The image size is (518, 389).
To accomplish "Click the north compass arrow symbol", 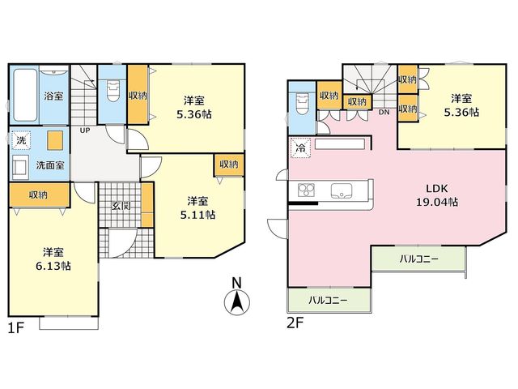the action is (x=237, y=301).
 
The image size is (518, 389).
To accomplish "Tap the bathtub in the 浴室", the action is (x=25, y=96).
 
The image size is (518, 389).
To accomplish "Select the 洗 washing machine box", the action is (x=22, y=140).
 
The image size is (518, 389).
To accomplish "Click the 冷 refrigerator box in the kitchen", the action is (x=300, y=148).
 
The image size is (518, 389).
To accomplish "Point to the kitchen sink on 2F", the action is (x=342, y=191).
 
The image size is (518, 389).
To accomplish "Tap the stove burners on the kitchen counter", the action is (x=306, y=190).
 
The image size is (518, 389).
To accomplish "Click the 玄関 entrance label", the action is (x=121, y=206).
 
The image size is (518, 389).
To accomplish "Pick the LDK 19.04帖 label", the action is (x=437, y=195).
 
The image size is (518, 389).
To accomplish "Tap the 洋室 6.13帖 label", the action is (x=53, y=259).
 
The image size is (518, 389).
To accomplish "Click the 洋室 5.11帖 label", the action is (x=197, y=208).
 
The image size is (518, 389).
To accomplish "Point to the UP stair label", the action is (x=85, y=130).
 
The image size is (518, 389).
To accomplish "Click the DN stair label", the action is (x=384, y=113).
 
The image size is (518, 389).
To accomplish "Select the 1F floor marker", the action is (x=16, y=327).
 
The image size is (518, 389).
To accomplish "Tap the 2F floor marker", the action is (x=295, y=323).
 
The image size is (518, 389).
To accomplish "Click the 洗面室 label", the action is (x=50, y=165).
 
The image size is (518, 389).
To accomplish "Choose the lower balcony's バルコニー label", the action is (x=328, y=301).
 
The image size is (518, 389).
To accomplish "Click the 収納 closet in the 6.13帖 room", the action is (x=40, y=195).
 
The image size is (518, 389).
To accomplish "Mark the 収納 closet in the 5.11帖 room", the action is (x=229, y=165).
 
